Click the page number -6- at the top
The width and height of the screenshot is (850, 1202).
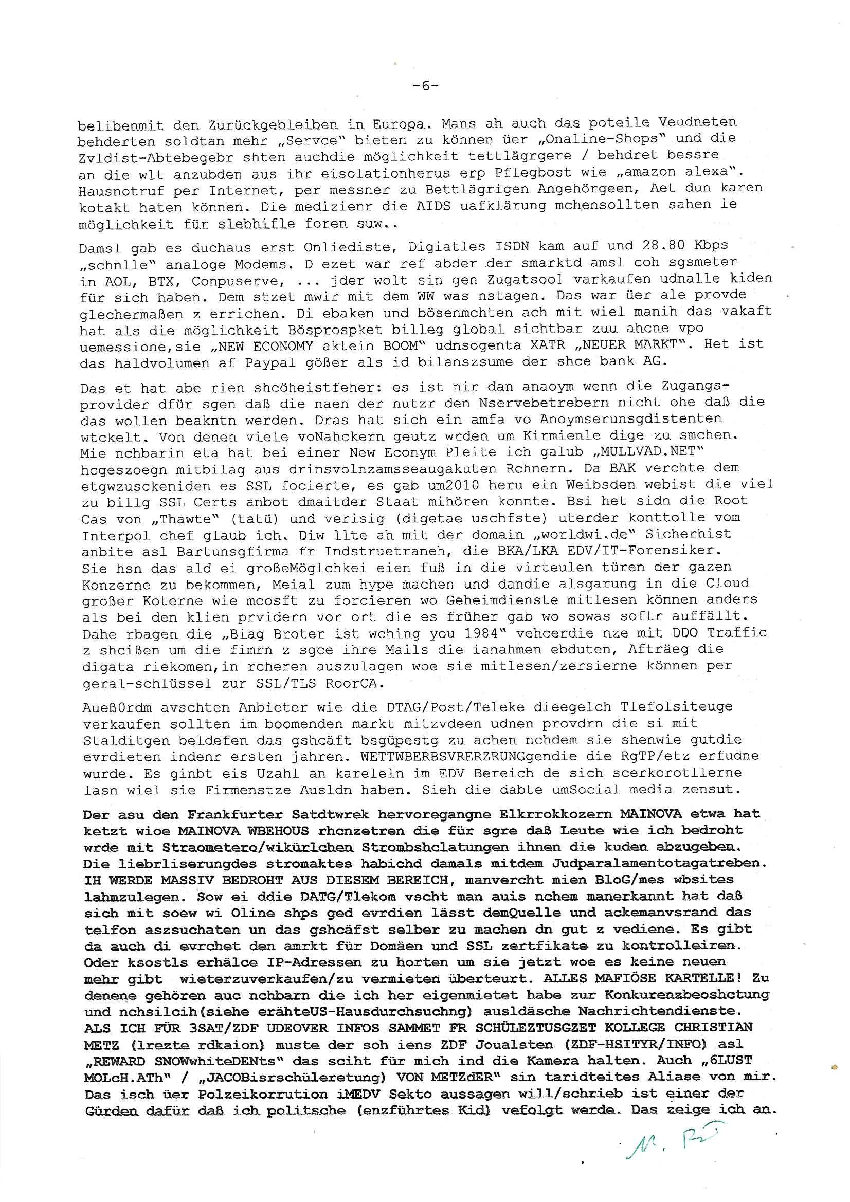pos(425,86)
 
